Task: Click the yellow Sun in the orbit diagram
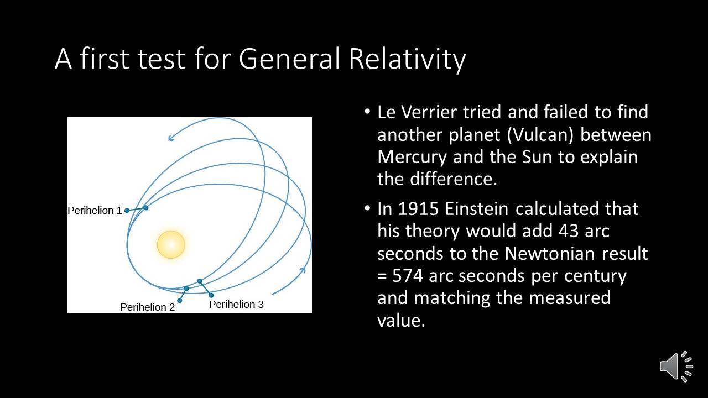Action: [171, 244]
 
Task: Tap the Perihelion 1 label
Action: [95, 211]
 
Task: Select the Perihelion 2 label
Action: [148, 307]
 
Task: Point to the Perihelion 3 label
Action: [236, 304]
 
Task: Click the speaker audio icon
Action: [676, 366]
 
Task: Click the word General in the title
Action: [289, 59]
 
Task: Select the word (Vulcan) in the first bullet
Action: [540, 135]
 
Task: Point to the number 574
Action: [408, 276]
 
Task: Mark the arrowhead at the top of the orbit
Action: [171, 138]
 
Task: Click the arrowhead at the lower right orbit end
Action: [303, 270]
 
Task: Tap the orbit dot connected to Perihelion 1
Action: [145, 207]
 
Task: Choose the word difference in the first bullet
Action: [453, 179]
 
